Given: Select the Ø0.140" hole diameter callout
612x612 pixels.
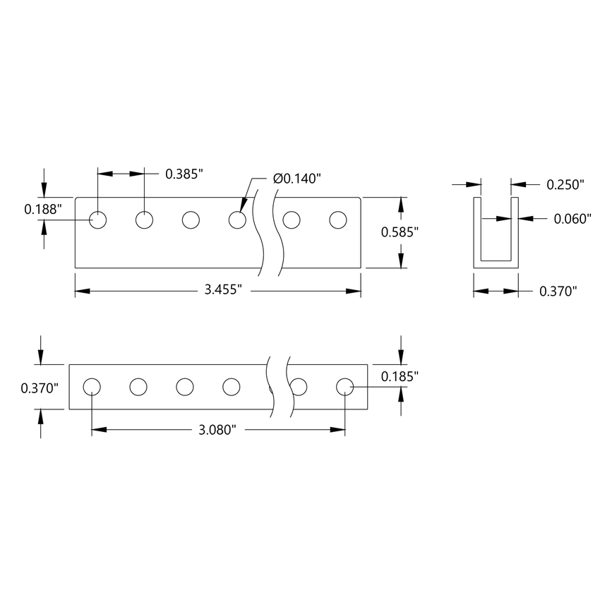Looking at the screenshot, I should (x=297, y=178).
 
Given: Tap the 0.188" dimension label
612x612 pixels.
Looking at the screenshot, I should (x=43, y=209).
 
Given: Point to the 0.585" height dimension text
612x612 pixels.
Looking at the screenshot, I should (x=400, y=232).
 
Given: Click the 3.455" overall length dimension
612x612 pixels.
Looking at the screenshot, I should (x=224, y=290).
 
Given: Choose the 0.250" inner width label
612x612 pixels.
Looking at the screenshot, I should (x=566, y=185).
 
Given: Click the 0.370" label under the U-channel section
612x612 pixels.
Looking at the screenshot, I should (x=558, y=290).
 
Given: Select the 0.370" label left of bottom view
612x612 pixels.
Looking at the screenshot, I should (x=40, y=388).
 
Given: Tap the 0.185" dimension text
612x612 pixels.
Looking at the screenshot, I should (x=400, y=377).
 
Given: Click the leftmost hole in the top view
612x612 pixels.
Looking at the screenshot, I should (x=98, y=220).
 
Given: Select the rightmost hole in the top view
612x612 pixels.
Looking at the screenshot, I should (x=338, y=220).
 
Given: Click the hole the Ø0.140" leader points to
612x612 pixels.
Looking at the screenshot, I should (x=238, y=220).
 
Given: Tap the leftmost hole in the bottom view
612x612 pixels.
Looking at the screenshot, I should (x=92, y=387).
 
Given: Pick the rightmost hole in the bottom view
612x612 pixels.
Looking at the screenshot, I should (x=344, y=387).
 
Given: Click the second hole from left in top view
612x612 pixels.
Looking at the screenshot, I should (x=145, y=220).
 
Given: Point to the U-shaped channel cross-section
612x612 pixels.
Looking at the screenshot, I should (x=496, y=233).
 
